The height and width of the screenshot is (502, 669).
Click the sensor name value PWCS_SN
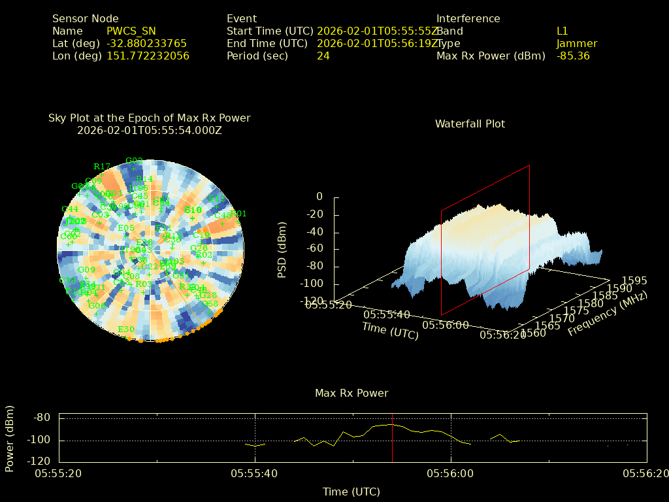click(131, 31)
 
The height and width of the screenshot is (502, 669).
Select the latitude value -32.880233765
click(146, 43)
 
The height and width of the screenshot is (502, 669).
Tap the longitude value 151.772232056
click(148, 56)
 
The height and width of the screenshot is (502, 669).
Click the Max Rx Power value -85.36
click(573, 56)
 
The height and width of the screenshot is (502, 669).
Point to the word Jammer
click(576, 43)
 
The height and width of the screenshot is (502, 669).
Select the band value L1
click(562, 31)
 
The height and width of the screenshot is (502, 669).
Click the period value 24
click(323, 56)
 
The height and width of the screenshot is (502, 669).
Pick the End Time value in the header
click(378, 43)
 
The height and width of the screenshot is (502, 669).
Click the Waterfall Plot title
click(470, 124)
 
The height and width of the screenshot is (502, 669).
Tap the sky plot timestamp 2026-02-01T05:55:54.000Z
click(149, 130)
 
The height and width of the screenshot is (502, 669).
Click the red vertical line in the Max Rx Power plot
click(392, 438)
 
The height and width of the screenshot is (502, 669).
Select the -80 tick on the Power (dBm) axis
click(42, 418)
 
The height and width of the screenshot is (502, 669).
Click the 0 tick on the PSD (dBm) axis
click(319, 197)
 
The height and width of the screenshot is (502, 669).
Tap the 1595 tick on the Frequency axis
click(634, 280)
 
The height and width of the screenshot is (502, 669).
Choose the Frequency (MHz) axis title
click(607, 314)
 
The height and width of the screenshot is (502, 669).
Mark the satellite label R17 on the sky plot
click(102, 166)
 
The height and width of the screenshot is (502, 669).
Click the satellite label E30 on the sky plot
click(125, 329)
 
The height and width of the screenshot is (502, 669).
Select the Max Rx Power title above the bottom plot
click(351, 393)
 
